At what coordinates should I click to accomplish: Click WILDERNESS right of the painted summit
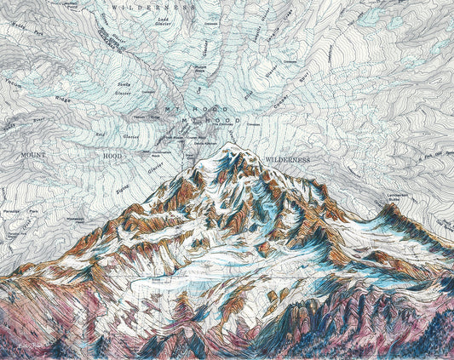coord(288,159)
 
